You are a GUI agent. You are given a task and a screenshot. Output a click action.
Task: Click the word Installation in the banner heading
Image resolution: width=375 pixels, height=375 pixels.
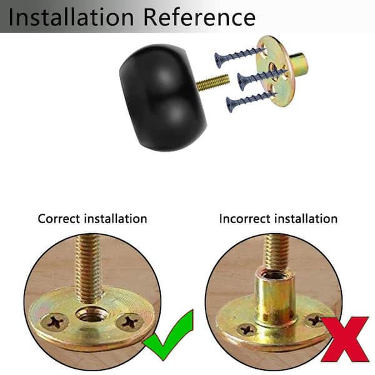click(71, 17)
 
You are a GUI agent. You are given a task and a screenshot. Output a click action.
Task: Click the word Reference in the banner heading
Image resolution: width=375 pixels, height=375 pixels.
click(200, 17)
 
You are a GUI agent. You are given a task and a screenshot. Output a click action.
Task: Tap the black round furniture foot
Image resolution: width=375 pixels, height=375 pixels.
click(163, 97)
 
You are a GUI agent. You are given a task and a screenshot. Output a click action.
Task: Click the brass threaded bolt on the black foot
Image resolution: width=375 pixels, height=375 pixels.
click(212, 82)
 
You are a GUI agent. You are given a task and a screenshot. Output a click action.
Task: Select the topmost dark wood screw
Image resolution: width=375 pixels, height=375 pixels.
click(240, 57)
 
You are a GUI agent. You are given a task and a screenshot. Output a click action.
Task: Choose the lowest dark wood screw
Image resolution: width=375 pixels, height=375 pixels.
click(251, 102)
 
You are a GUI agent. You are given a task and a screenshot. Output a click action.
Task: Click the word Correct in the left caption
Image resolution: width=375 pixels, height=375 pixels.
click(59, 219)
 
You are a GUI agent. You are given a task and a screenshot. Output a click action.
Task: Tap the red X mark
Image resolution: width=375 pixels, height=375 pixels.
click(344, 339)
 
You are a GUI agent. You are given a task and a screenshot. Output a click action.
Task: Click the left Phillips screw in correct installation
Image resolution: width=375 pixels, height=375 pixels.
click(55, 322)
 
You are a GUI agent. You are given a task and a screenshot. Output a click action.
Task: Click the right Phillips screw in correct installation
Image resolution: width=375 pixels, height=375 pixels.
click(130, 322)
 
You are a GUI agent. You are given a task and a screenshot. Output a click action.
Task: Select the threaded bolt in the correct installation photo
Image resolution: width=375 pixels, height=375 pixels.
click(89, 268)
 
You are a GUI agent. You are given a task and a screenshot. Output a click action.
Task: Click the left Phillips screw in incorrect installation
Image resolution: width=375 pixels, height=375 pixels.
click(247, 330)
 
